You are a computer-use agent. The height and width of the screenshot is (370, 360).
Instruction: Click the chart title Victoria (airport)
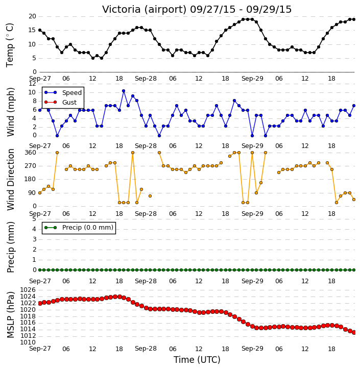(x=145, y=10)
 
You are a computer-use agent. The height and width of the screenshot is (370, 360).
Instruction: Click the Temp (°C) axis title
(x=10, y=45)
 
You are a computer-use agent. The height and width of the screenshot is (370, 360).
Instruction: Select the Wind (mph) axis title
(x=10, y=112)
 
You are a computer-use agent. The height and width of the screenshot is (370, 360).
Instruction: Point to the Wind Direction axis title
(x=10, y=180)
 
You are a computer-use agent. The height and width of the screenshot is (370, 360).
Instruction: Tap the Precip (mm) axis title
(x=10, y=248)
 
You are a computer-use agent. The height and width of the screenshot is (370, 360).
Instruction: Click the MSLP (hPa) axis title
(x=10, y=315)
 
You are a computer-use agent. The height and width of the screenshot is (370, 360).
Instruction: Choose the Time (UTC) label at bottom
(x=197, y=360)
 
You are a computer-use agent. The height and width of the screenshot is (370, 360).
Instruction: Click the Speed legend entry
(x=63, y=93)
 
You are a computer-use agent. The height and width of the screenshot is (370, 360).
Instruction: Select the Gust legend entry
(x=61, y=103)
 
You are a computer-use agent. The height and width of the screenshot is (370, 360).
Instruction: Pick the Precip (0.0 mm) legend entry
(x=79, y=228)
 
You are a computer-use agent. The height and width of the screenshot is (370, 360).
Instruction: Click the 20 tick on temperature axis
(x=32, y=16)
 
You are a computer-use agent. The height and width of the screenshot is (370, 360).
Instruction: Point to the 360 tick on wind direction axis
(x=31, y=153)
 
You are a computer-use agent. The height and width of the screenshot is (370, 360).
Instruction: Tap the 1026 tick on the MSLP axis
(x=28, y=290)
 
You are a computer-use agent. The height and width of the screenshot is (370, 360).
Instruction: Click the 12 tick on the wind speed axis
(x=32, y=84)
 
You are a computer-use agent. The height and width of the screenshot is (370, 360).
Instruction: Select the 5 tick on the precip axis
(x=34, y=219)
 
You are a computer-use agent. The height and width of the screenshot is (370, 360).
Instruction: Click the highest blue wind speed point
(x=124, y=91)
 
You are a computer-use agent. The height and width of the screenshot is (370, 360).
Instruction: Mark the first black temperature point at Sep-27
(x=40, y=30)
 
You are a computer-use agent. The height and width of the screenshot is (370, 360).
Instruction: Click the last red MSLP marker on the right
(x=354, y=332)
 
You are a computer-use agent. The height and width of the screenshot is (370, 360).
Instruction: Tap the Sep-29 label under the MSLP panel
(x=252, y=349)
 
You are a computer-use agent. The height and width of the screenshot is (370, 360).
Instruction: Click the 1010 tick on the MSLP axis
(x=28, y=342)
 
